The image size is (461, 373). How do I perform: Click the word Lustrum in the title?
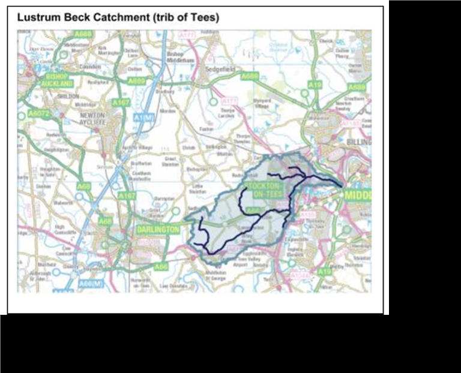coord(40,17)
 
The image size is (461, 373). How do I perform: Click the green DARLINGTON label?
coord(158,230)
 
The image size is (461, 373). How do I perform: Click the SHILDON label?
coord(67,96)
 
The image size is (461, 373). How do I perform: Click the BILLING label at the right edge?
coord(359,142)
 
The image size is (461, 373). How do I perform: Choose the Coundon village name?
coord(90,67)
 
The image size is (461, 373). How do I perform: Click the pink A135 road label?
coord(307,215)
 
